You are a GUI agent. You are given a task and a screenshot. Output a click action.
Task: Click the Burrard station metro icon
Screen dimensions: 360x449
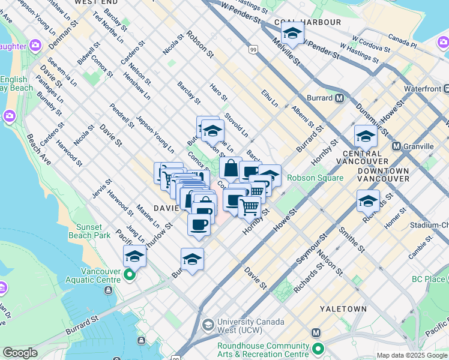340,98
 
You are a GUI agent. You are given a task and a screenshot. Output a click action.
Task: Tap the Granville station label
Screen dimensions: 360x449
420,146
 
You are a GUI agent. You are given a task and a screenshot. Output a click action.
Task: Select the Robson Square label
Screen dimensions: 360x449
315,178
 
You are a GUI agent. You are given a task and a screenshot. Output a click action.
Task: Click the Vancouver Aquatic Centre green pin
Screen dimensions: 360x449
130,276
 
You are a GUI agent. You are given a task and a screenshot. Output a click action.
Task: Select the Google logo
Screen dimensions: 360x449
20,353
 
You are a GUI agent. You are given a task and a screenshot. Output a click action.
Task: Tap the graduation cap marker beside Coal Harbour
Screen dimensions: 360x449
292,33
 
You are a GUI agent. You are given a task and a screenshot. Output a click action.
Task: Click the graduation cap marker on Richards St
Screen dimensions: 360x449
368,201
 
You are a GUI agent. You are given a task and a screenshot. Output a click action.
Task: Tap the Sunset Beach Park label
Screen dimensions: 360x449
93,231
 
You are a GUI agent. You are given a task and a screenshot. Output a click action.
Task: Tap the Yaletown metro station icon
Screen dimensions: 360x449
316,333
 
